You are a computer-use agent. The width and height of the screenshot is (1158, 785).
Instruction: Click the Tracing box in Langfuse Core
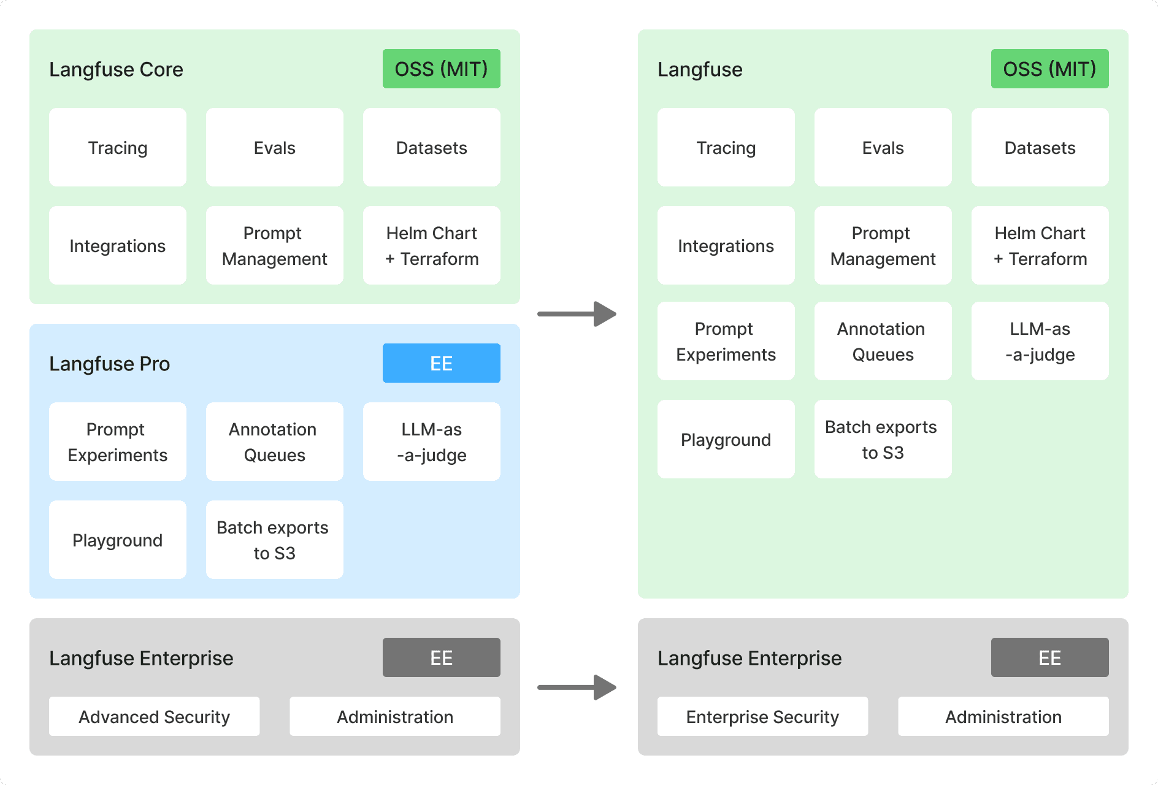(118, 147)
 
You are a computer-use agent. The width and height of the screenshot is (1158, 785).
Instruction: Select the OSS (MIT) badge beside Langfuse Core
(441, 69)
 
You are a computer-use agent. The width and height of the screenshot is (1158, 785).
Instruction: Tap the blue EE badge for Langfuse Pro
(441, 363)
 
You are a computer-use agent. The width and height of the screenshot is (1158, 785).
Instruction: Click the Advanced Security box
(154, 716)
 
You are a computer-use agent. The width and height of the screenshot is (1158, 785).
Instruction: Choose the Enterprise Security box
(762, 716)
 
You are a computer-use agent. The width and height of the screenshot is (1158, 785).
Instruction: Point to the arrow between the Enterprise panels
(577, 687)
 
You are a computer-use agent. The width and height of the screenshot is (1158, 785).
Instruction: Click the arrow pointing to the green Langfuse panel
(577, 314)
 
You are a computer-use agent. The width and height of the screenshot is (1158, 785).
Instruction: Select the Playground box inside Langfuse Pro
(118, 540)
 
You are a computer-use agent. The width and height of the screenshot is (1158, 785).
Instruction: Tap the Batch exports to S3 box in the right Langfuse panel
(883, 439)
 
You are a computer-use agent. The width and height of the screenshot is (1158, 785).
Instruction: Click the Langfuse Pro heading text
(109, 364)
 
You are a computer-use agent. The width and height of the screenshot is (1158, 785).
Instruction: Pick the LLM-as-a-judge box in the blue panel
(431, 442)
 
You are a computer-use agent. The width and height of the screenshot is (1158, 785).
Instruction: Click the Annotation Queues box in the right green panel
(883, 341)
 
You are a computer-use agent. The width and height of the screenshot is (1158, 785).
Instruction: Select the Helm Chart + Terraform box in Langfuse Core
(431, 245)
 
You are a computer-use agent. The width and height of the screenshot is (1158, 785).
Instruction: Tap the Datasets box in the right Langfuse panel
(1040, 147)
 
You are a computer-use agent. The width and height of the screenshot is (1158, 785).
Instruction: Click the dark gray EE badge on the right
(1049, 657)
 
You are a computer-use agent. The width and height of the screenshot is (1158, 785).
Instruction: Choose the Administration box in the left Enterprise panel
(394, 716)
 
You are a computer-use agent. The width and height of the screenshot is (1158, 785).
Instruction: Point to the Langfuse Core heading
(116, 69)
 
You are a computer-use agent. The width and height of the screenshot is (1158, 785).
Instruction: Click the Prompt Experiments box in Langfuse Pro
(118, 442)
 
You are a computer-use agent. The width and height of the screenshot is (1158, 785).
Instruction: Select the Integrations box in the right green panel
(726, 245)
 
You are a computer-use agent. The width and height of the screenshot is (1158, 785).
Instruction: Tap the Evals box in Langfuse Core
(274, 147)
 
